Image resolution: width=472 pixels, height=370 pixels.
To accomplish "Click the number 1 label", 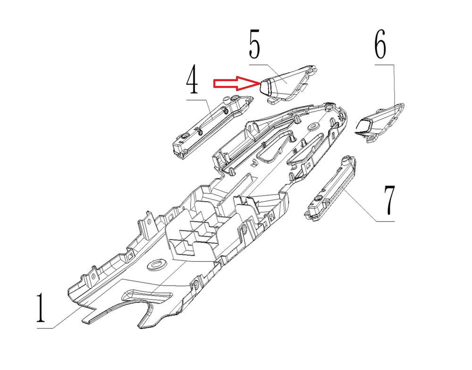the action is click(41, 307).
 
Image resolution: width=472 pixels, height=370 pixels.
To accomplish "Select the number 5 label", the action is click(255, 44).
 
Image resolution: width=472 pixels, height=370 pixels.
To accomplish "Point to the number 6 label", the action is click(380, 44).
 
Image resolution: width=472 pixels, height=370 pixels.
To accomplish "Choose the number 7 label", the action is click(389, 200).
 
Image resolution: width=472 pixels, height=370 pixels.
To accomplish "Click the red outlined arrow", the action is click(236, 83).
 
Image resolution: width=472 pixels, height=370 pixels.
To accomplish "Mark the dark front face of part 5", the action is click(265, 87).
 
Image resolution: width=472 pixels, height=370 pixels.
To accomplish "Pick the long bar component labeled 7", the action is click(330, 188).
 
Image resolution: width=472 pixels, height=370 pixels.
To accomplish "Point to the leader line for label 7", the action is click(369, 207).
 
